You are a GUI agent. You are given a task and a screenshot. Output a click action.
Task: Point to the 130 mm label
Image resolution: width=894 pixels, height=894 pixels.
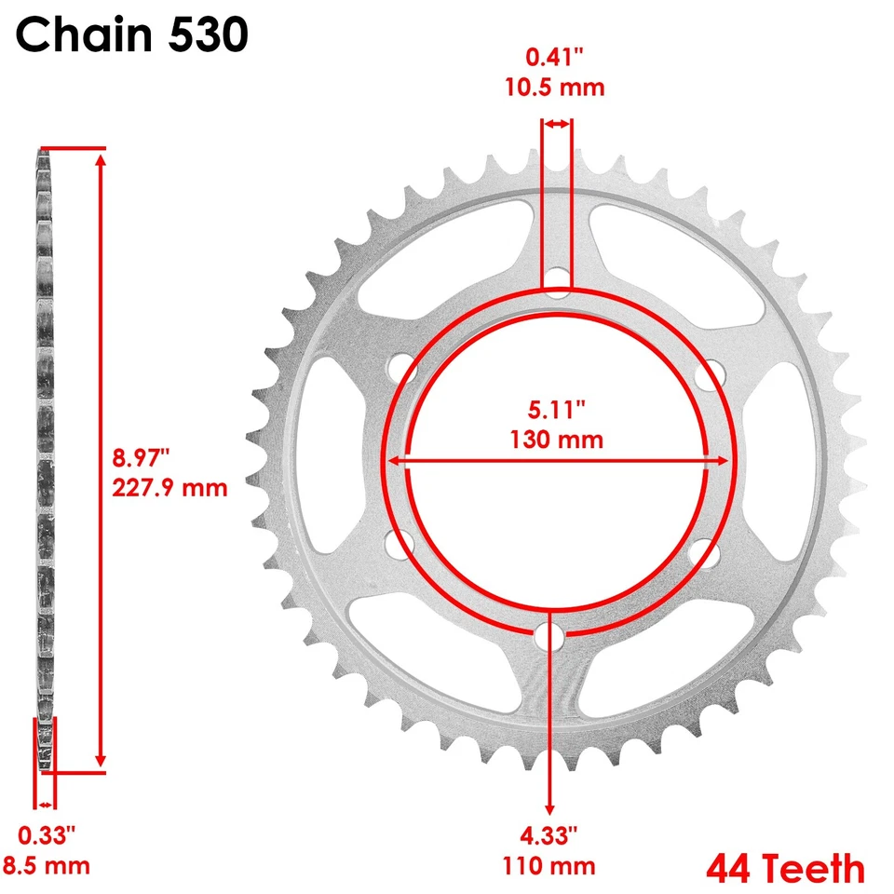click(557, 439)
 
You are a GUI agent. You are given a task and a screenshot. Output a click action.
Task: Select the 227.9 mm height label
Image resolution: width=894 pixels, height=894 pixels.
click(169, 487)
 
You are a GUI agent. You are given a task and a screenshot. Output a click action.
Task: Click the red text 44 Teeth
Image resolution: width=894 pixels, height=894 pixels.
click(785, 868)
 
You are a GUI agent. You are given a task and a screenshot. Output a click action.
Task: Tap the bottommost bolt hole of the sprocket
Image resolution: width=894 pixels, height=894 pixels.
click(556, 640)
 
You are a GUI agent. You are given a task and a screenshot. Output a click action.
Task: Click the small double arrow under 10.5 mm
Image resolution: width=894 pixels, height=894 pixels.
click(557, 124)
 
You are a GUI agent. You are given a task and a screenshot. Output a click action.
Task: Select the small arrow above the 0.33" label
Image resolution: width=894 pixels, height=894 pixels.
click(46, 804)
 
